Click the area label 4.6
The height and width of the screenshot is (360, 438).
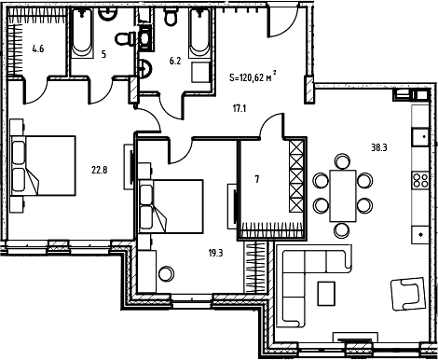[38, 50]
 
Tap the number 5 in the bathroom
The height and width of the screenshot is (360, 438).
[104, 54]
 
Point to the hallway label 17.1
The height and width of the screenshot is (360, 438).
[239, 108]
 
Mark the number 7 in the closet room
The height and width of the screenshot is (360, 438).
[257, 179]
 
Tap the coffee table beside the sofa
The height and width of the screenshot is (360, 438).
[326, 293]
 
